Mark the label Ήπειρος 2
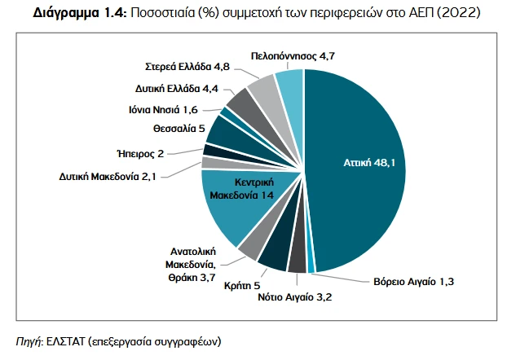pos(141,153)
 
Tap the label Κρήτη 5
pos(242,285)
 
